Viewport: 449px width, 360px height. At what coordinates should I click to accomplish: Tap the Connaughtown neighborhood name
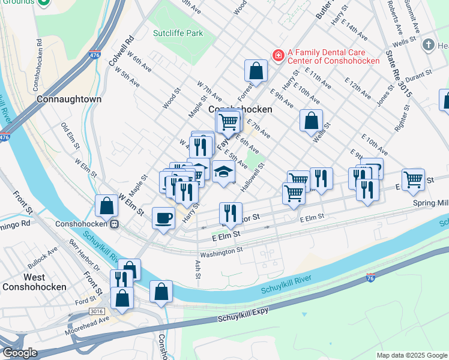[68, 99]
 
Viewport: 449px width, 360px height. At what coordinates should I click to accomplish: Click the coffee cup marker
[163, 218]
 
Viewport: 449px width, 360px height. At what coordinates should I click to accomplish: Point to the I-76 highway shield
[370, 278]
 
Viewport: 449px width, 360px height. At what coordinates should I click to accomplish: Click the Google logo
[20, 352]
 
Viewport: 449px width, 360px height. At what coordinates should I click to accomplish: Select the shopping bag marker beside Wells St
[312, 121]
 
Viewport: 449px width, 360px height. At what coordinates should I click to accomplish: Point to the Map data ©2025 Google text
[411, 355]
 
